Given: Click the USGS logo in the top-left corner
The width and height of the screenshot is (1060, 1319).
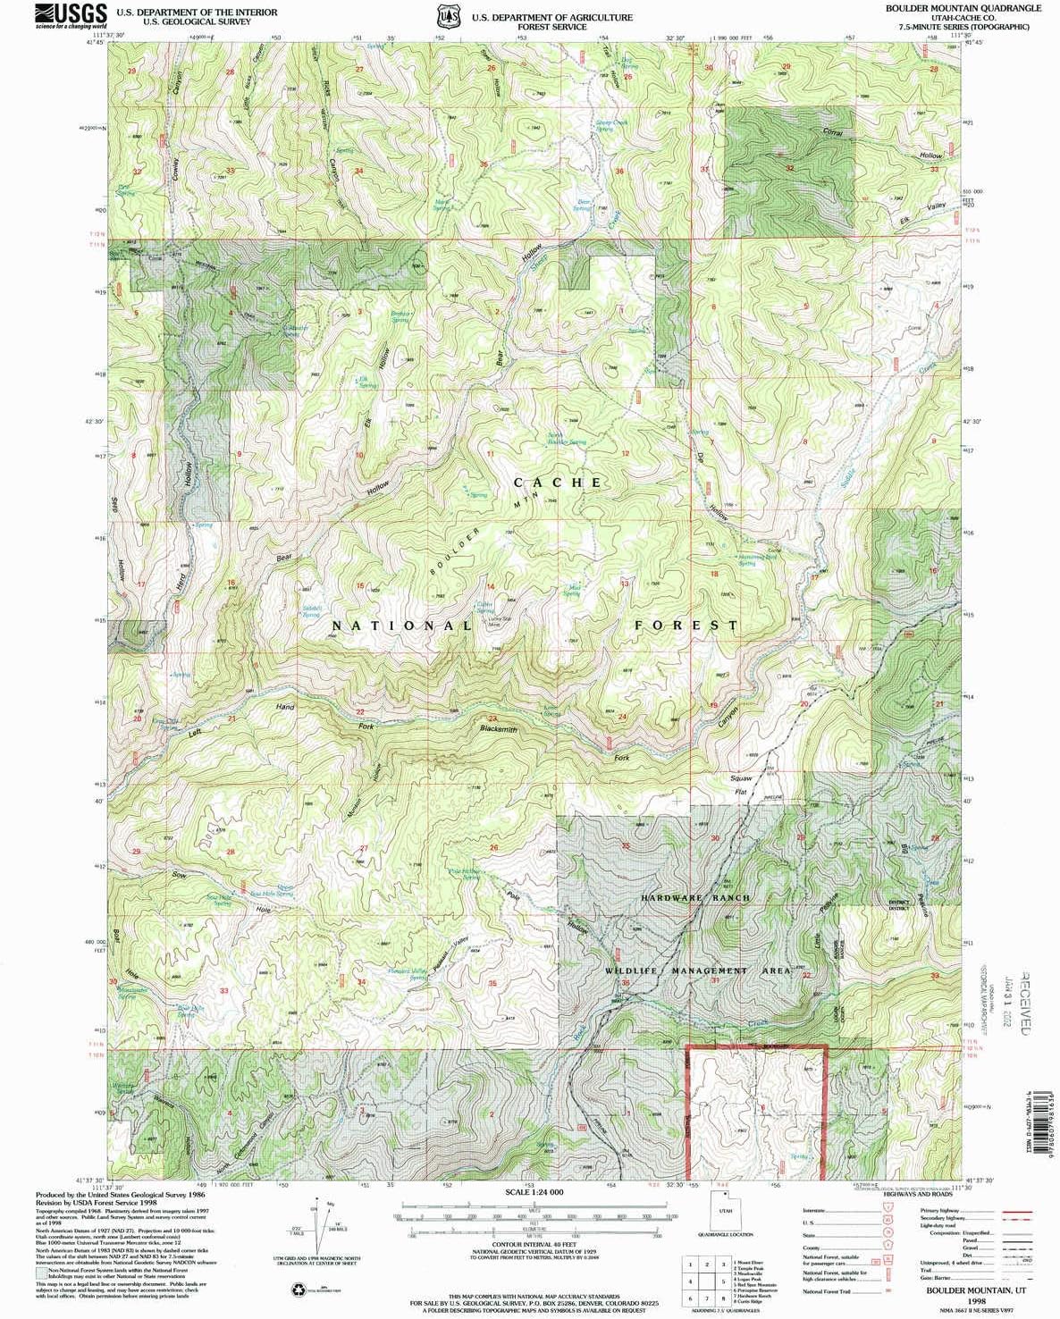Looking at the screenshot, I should click(x=72, y=15).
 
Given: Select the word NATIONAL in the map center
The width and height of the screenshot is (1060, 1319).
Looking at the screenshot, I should click(x=402, y=626).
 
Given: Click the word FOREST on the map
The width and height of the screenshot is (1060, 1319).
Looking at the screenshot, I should click(x=686, y=626).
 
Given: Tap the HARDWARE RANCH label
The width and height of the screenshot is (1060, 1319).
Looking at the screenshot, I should click(x=696, y=897).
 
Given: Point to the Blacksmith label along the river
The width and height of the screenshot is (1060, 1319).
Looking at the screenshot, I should click(x=499, y=730).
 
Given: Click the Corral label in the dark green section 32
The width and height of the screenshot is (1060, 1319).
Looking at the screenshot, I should click(x=832, y=132).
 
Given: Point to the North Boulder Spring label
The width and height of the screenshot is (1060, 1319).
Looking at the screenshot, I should click(x=567, y=439).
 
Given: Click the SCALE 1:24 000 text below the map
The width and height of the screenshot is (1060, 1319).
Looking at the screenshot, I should click(x=534, y=1192).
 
